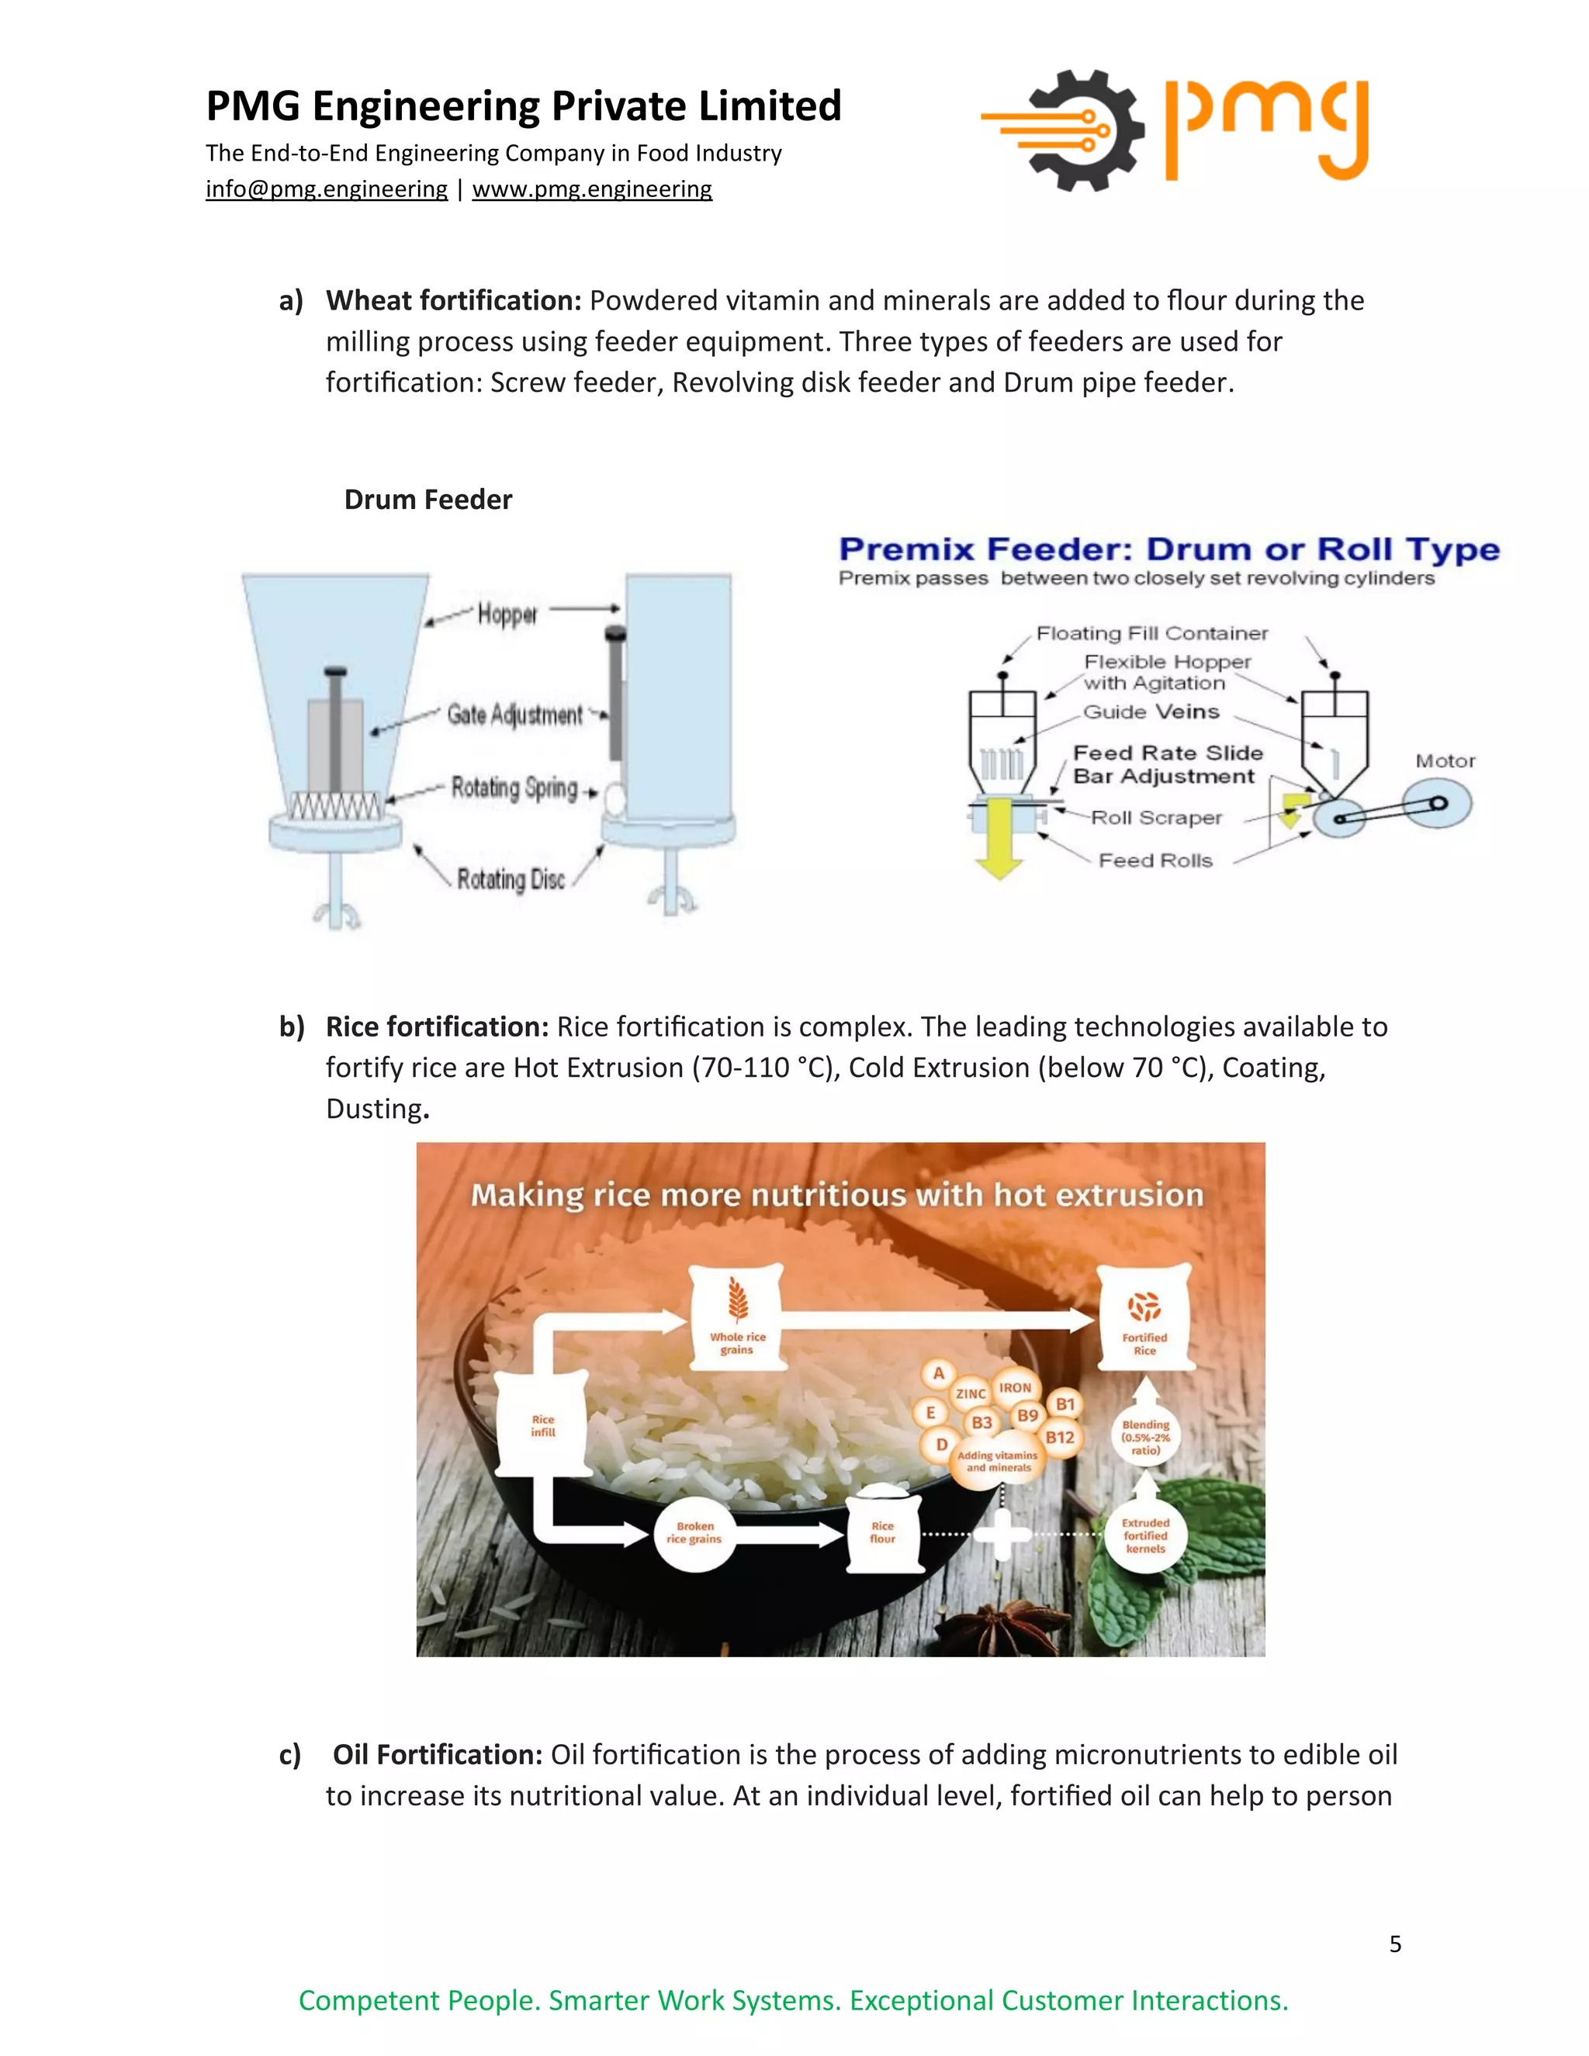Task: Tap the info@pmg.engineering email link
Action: coord(326,189)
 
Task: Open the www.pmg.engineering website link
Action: coord(591,189)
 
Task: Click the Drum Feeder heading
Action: coord(428,499)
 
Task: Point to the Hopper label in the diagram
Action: coord(507,614)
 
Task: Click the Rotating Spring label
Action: coord(514,787)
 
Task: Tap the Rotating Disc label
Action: coord(511,879)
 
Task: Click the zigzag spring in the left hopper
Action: coord(335,806)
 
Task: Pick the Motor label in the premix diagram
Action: coord(1445,760)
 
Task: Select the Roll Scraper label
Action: coord(1156,817)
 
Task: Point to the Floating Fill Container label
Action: coord(1151,632)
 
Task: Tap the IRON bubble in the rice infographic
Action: coord(1015,1388)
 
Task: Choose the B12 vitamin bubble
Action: coord(1060,1438)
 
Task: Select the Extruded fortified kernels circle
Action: coord(1144,1535)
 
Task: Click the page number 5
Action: coord(1395,1944)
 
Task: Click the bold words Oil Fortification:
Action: coord(438,1755)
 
